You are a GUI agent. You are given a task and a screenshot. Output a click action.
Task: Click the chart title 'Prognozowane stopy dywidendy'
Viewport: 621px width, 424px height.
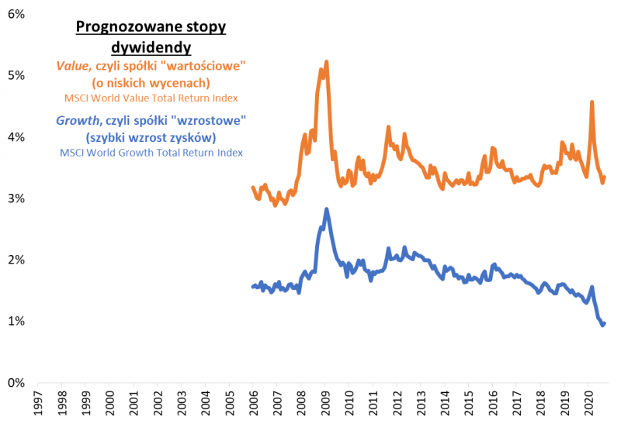(x=151, y=37)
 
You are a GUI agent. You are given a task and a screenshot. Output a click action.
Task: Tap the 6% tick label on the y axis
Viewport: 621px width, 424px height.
(x=17, y=15)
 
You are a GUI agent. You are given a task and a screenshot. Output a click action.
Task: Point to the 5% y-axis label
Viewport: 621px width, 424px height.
(x=17, y=76)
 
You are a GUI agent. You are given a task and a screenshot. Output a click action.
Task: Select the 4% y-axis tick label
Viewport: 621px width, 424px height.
(x=17, y=137)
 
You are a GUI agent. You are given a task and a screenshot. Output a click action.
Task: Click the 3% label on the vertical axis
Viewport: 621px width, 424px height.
(x=17, y=198)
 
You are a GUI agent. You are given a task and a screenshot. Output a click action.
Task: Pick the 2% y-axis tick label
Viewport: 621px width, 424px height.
(x=17, y=260)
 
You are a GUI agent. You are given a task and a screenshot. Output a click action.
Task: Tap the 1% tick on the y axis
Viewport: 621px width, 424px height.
(x=17, y=321)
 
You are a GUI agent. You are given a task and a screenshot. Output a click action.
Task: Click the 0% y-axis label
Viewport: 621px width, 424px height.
(x=17, y=382)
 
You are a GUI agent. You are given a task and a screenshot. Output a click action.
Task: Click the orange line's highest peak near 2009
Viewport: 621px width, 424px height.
(x=327, y=61)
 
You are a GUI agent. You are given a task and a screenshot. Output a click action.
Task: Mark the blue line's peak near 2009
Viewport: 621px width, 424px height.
(x=327, y=209)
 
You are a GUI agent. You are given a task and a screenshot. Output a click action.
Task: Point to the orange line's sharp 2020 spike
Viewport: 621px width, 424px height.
(x=592, y=102)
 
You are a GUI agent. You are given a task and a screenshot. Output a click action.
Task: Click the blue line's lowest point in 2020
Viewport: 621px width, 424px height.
(x=602, y=326)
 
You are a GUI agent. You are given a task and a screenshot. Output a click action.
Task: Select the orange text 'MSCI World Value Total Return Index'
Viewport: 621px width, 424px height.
(x=151, y=98)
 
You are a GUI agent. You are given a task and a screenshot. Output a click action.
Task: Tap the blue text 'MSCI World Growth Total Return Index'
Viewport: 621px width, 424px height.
(x=151, y=153)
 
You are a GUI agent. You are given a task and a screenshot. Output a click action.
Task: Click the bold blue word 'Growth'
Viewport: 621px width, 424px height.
(x=76, y=121)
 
